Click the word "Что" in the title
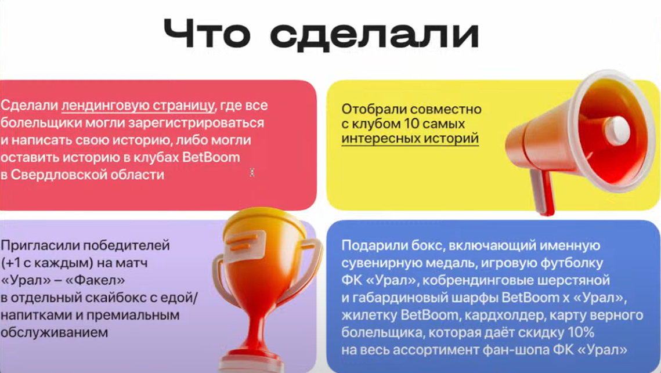[207, 34]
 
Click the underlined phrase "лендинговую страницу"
[138, 106]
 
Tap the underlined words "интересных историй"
[410, 138]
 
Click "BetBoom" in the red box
[211, 157]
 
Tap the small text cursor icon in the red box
[252, 172]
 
